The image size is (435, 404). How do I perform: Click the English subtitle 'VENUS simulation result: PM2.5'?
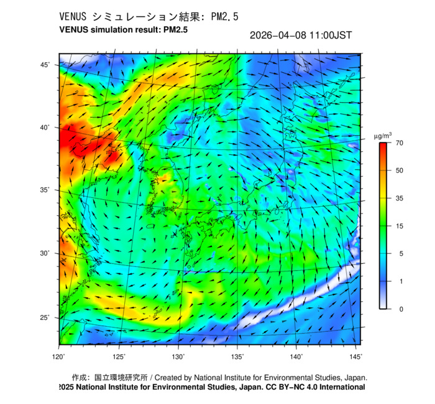pos(123,29)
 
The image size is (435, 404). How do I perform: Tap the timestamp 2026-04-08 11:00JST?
pos(300,35)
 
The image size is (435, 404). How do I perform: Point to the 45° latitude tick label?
pos(46,65)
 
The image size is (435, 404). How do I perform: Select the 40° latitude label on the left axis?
pos(46,128)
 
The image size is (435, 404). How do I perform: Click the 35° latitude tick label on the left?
pos(46,190)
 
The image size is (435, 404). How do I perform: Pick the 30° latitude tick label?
pos(46,253)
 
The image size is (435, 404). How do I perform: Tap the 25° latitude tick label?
pos(46,317)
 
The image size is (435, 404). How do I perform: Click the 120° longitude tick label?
pos(59,357)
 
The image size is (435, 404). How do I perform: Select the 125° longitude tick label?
pos(119,357)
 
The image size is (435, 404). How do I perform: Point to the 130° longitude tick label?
pos(178,357)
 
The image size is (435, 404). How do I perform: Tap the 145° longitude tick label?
pos(355,357)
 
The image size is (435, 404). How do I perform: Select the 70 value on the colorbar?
pos(401,143)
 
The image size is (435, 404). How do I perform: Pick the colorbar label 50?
pos(401,171)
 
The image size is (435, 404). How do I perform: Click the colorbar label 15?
pos(401,226)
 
